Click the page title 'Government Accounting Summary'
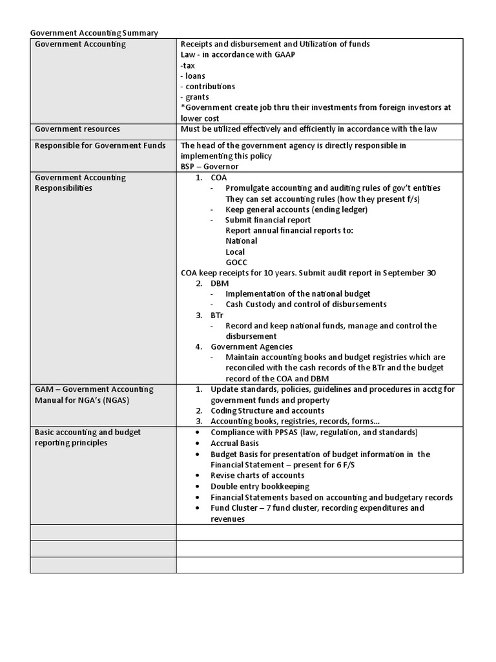(94, 33)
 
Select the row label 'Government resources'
(77, 129)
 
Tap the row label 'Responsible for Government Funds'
(92, 145)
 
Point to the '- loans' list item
(193, 76)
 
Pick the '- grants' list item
(194, 97)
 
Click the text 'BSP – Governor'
(210, 166)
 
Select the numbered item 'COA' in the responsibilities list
(219, 177)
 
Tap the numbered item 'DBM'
(220, 283)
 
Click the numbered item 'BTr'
(218, 315)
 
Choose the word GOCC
(236, 262)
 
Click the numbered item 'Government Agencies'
(251, 347)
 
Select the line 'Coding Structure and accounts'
(267, 411)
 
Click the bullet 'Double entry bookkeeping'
(260, 486)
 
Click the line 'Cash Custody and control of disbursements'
(306, 304)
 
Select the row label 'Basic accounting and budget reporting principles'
(88, 437)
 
